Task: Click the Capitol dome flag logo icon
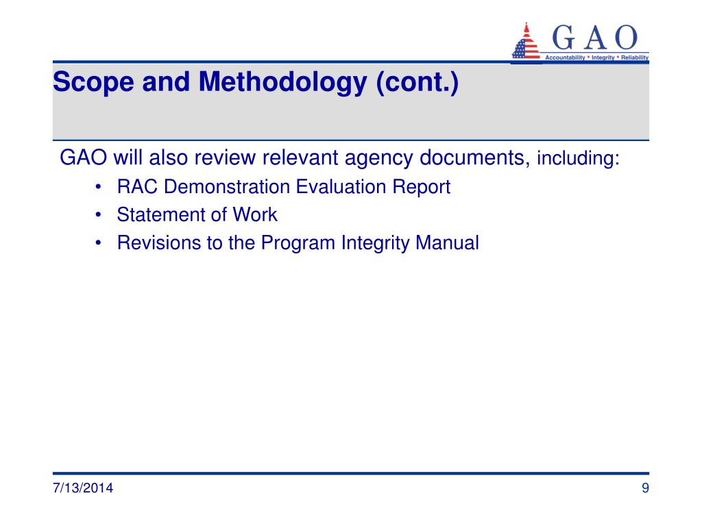526,43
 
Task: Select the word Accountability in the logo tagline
566,58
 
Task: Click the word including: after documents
578,160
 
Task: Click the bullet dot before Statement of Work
100,215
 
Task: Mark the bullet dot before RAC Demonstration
100,187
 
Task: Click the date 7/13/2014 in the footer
83,488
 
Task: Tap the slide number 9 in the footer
645,488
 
